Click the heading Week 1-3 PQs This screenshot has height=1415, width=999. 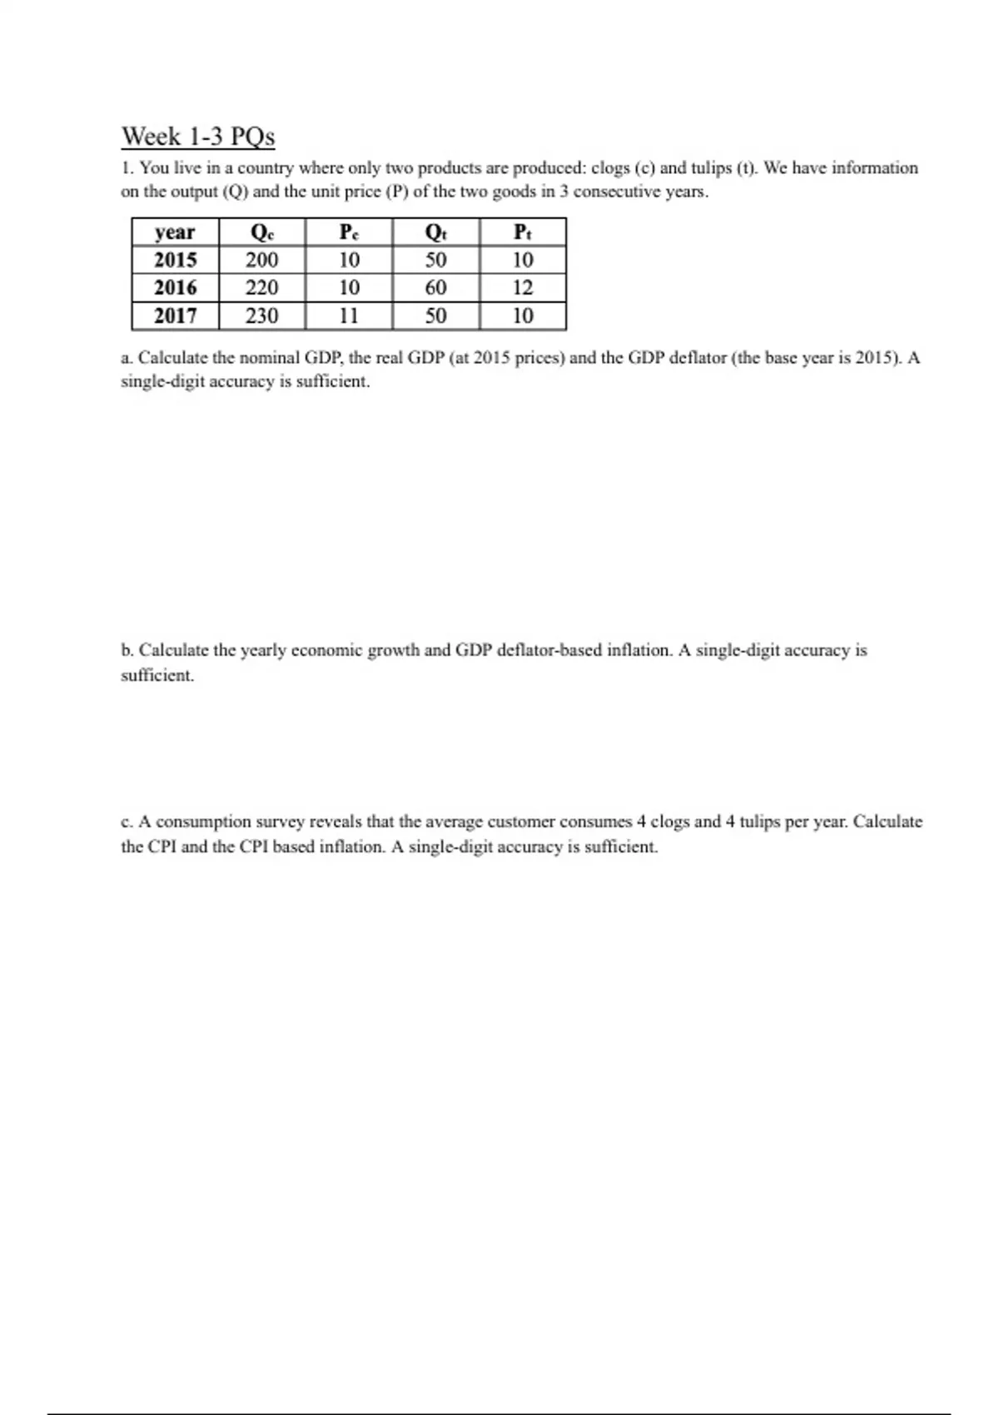[x=198, y=136]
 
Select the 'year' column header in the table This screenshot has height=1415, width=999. [x=175, y=232]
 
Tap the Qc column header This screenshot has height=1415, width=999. [x=262, y=232]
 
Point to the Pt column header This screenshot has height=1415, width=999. [x=523, y=232]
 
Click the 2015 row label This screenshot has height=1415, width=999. [x=175, y=260]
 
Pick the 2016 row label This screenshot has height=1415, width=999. [x=175, y=288]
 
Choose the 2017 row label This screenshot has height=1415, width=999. [x=175, y=315]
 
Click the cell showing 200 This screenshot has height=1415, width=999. [x=262, y=260]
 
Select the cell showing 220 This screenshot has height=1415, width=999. [x=262, y=288]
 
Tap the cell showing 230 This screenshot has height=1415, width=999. [x=262, y=315]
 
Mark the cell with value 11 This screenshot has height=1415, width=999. [x=350, y=315]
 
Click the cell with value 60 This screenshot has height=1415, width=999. [x=435, y=288]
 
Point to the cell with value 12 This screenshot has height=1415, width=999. [x=523, y=288]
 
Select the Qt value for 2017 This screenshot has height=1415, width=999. [x=435, y=315]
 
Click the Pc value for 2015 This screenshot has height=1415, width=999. [x=350, y=260]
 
